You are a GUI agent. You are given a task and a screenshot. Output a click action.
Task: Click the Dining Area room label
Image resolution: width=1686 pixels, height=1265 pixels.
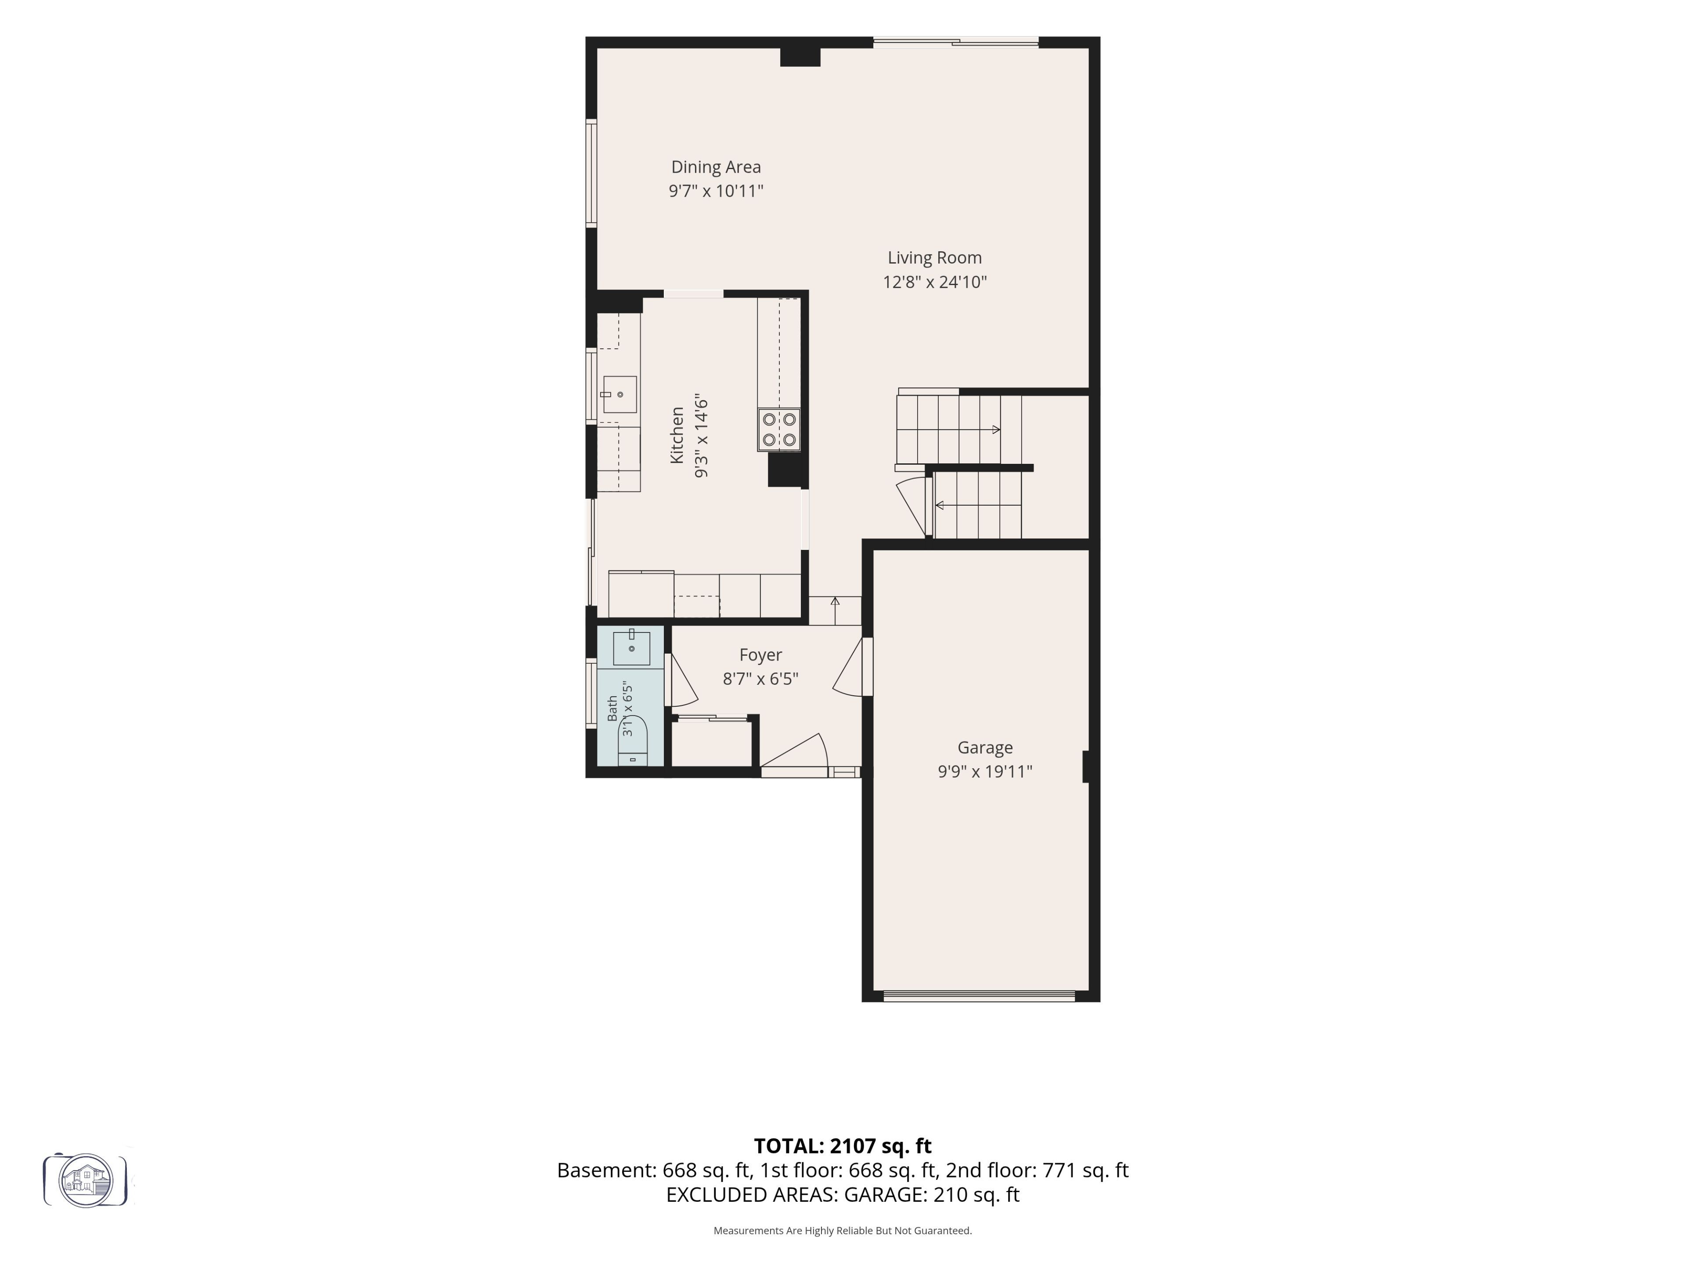click(x=716, y=167)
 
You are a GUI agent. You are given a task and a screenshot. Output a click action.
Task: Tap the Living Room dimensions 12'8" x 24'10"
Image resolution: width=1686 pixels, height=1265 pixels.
click(x=934, y=282)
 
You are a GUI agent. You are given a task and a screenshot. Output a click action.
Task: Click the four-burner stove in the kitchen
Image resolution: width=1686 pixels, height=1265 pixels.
click(x=779, y=429)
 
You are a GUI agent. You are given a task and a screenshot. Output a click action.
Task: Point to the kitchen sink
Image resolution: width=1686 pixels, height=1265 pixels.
click(x=619, y=394)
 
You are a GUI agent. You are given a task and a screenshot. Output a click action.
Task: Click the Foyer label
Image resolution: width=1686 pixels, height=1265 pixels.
click(x=761, y=655)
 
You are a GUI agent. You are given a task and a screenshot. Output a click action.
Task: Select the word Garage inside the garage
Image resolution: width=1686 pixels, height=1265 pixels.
click(x=985, y=748)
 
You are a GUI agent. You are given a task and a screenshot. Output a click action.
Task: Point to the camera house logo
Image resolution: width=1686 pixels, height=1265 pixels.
click(x=85, y=1180)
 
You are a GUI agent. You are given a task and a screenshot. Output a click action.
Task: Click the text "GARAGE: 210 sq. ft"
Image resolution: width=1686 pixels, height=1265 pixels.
click(x=931, y=1195)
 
